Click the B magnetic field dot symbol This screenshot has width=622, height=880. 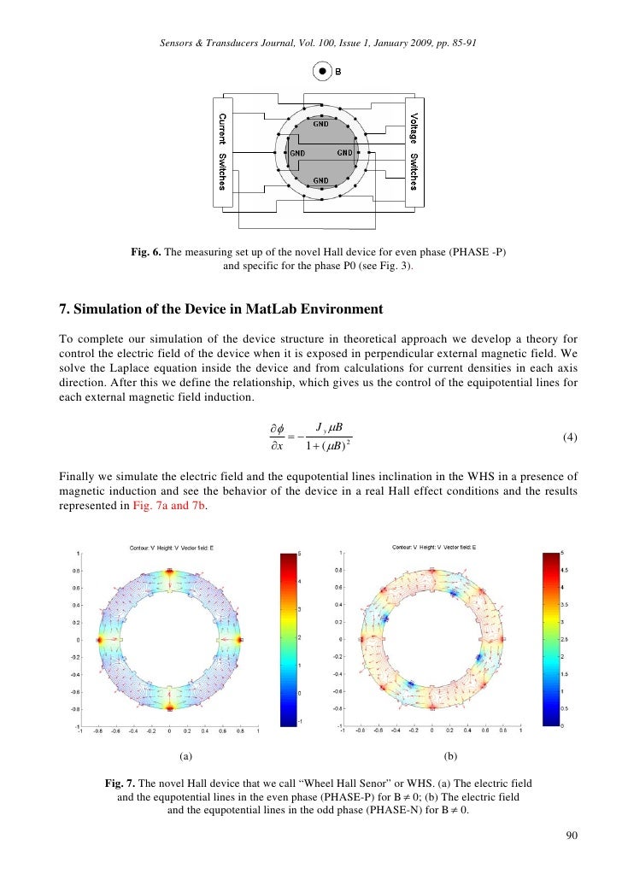322,72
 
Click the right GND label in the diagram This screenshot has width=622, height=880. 345,152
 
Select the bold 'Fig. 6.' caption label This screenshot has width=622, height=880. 145,253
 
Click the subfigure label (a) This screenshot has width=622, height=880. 186,756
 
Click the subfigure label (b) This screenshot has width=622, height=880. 451,756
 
